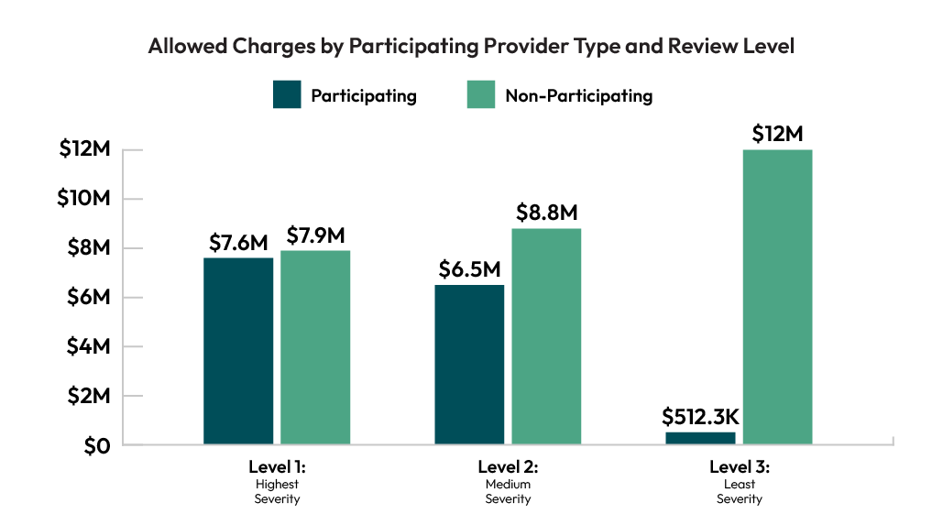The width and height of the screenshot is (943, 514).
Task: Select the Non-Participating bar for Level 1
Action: click(x=315, y=348)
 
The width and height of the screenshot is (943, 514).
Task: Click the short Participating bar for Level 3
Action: click(x=700, y=438)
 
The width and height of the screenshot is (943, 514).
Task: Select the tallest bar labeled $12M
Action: click(x=777, y=297)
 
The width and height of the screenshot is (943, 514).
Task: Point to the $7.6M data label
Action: click(x=238, y=243)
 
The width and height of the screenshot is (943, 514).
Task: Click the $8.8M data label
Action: click(x=546, y=213)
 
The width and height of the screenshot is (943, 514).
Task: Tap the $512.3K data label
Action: click(x=700, y=417)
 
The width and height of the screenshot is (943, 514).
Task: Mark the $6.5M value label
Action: click(x=469, y=270)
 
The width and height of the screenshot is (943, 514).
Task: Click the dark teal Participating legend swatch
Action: click(x=287, y=95)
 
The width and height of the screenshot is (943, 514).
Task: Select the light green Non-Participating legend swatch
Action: click(x=481, y=95)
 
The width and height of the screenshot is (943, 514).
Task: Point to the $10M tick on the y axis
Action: click(x=85, y=199)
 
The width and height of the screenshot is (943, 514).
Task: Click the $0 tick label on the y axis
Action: click(x=96, y=445)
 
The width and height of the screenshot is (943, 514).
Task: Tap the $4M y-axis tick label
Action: click(x=90, y=346)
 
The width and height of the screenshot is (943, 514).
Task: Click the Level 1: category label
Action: click(x=277, y=466)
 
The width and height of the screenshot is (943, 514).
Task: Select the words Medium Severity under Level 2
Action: click(x=508, y=491)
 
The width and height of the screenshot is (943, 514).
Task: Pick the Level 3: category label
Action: click(x=739, y=466)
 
